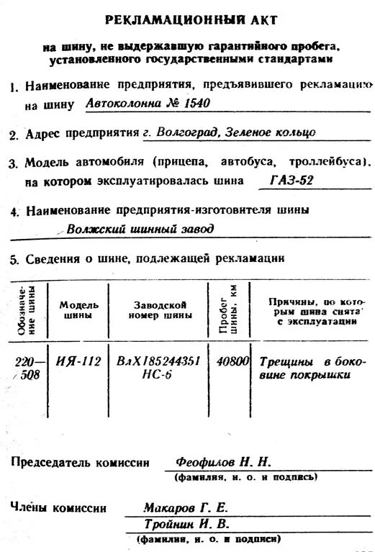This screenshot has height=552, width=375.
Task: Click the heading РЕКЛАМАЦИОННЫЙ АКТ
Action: coord(190,19)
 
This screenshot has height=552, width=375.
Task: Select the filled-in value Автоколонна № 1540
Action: coord(148,103)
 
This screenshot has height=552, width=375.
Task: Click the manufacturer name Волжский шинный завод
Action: coord(140,230)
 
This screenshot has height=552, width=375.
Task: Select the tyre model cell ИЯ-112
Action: coord(78,361)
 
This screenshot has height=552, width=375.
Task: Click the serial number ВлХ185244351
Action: coord(158,361)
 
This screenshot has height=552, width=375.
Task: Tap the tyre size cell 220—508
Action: coord(30,368)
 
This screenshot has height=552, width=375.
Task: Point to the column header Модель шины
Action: coord(78,309)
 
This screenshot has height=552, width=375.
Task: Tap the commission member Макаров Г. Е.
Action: coord(186,507)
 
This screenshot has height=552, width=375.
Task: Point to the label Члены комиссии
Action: coord(58,507)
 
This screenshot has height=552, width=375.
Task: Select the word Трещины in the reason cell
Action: coord(283,361)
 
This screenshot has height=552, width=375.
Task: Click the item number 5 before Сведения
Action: coord(14,258)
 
